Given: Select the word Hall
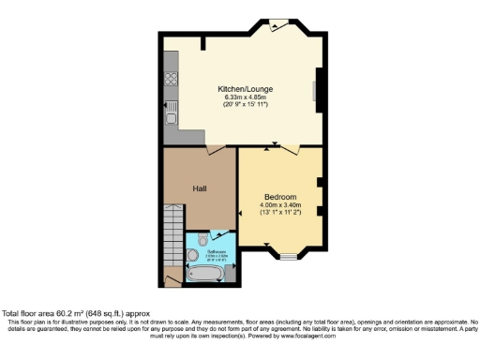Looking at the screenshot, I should coord(200,188).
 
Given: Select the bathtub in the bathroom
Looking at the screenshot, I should coord(205,274).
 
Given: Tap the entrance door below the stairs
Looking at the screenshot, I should coord(172,277).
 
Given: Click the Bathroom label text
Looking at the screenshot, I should coord(217,252).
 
